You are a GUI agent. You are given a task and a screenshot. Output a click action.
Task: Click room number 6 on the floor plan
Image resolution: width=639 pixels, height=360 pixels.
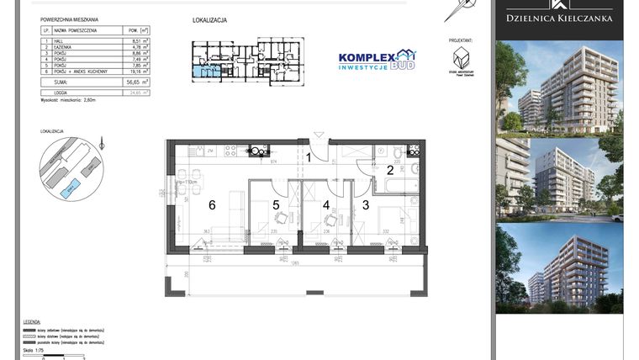[x=213, y=204]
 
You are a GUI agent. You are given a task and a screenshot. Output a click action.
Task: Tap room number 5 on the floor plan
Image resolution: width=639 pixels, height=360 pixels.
[x=276, y=204]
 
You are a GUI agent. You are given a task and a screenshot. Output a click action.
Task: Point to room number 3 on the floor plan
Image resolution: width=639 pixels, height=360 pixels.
[x=366, y=204]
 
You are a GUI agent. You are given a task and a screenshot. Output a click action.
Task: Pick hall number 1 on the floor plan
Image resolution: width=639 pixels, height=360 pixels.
[x=309, y=157]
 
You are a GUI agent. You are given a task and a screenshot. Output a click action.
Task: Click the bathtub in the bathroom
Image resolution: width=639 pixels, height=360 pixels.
[x=400, y=185]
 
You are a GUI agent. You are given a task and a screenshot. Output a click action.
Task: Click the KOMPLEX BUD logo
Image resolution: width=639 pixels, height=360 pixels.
[x=377, y=60]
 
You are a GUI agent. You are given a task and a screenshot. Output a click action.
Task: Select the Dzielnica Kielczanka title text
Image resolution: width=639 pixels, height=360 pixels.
[x=558, y=18]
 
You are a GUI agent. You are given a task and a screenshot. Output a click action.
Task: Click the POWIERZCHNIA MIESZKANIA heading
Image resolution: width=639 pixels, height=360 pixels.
[x=69, y=19]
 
